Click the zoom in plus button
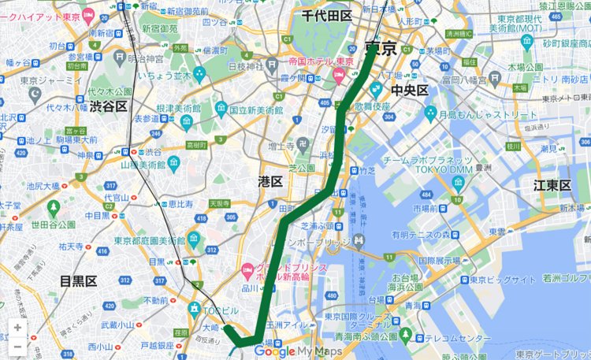[17, 328]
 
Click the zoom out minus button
[17, 346]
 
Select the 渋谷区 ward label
[108, 106]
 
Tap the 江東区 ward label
[552, 185]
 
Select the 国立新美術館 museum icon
[221, 108]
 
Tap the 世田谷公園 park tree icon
[54, 209]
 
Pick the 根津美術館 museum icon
[187, 122]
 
